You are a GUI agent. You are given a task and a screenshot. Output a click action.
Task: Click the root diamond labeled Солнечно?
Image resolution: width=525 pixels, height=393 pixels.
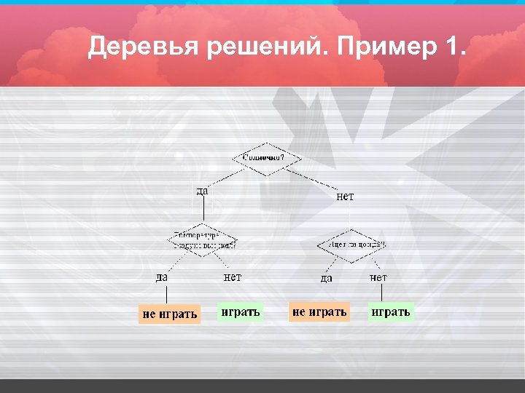266,158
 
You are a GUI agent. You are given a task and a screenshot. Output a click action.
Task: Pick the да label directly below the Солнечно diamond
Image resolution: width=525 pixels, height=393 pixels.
203,191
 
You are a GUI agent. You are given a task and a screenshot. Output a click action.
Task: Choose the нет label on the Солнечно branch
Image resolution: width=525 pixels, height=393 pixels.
345,196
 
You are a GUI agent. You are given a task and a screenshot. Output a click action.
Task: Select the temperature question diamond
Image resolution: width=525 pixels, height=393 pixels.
204,241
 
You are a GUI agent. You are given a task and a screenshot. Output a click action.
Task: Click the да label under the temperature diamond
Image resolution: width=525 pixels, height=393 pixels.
161,277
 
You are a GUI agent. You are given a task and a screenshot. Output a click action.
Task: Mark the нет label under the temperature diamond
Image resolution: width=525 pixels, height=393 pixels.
232,277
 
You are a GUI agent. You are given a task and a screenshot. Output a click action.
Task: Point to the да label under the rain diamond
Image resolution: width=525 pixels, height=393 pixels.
327,277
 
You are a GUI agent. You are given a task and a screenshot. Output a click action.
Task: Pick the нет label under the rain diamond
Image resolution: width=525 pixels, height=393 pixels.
378,277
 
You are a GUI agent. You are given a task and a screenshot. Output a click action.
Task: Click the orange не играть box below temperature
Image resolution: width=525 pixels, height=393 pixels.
169,314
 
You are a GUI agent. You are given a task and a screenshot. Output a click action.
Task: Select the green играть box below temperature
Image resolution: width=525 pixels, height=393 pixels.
240,312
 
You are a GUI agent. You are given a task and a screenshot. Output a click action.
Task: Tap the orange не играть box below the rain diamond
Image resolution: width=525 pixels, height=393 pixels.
319,311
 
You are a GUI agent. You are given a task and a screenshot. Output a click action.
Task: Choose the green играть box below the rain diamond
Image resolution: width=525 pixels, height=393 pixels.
391,312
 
